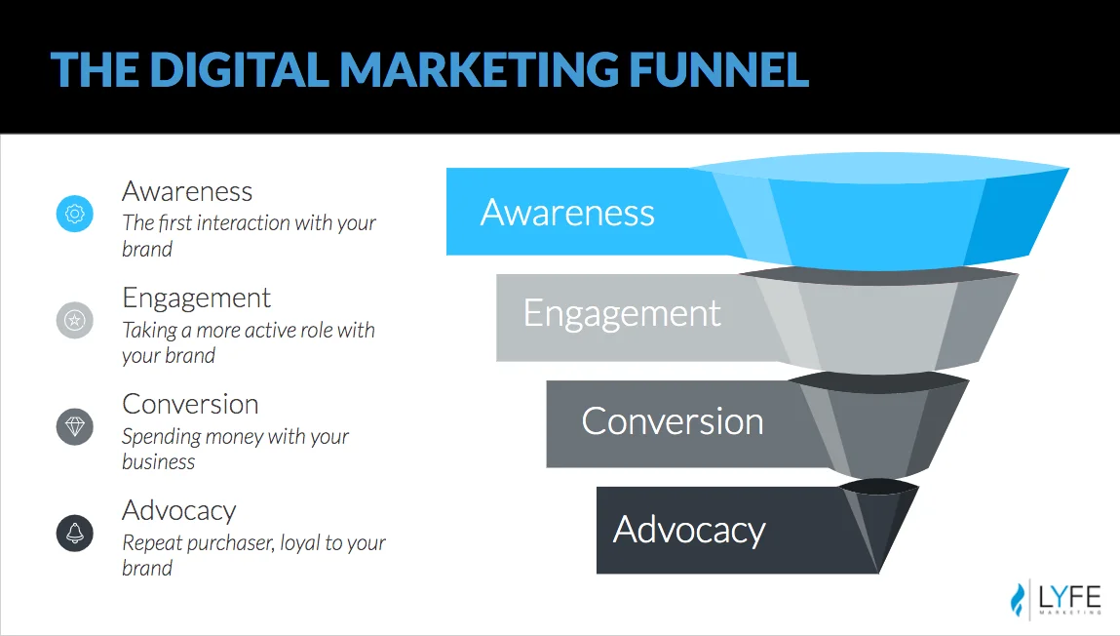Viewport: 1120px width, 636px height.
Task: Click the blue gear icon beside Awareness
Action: click(75, 213)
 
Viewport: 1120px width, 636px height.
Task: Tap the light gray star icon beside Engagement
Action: click(75, 319)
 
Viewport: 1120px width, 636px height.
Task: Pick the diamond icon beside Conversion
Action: click(75, 426)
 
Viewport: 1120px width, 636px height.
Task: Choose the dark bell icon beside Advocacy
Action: click(75, 533)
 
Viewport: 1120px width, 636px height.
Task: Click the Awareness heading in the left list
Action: click(187, 191)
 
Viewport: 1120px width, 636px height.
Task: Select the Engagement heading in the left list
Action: click(196, 298)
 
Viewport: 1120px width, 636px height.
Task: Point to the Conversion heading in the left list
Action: click(190, 404)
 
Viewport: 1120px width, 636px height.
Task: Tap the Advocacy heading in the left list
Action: click(179, 510)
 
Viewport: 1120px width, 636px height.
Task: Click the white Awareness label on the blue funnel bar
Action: click(567, 213)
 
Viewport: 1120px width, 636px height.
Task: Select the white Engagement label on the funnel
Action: click(622, 313)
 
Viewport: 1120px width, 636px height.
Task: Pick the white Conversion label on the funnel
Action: click(673, 421)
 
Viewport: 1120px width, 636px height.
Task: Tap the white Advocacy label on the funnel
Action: click(689, 530)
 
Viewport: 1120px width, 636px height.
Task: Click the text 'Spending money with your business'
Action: click(235, 449)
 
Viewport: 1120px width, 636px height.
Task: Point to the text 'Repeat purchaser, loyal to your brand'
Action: click(253, 555)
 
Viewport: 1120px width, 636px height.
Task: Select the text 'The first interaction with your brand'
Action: click(249, 235)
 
